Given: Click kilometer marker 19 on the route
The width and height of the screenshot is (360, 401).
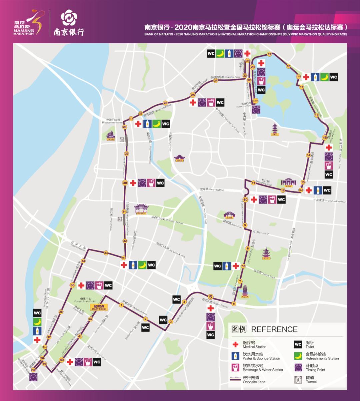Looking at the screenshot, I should (269, 54).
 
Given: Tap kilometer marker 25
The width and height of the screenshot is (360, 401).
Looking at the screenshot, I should (192, 95).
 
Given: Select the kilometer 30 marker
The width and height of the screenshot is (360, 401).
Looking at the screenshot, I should (125, 183).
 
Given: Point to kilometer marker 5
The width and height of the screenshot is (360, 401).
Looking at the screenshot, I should (210, 297).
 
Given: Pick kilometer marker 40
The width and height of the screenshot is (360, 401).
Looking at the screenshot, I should (62, 360).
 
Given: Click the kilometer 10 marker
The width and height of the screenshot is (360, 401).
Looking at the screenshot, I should (245, 200).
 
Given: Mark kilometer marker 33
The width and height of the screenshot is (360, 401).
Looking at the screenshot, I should (106, 253).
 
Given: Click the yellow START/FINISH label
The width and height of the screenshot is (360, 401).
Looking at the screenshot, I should (99, 307).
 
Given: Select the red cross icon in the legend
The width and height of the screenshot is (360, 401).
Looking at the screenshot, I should (236, 344).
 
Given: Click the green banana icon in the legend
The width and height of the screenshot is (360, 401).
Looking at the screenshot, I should (298, 356).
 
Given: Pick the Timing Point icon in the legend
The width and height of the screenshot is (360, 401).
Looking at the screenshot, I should (298, 367).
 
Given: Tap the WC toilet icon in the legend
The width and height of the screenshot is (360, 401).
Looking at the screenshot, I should (298, 344).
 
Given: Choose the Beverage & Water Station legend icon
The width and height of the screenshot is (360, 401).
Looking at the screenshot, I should (236, 367).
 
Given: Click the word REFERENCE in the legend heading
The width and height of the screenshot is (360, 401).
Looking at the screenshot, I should (274, 329).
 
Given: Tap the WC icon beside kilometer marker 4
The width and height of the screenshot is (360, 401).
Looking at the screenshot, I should (176, 299).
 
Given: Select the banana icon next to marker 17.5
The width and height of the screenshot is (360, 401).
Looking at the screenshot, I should (324, 77).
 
